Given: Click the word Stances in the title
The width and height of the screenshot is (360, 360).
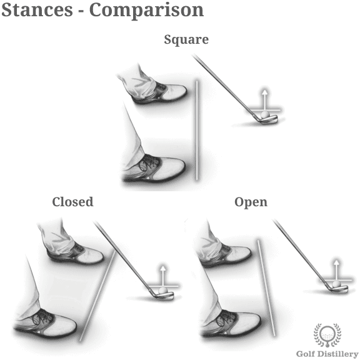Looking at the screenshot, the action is (x=37, y=9).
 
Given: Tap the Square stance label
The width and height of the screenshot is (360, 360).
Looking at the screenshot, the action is (x=186, y=40).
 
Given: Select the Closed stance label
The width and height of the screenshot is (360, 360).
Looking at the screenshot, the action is (x=72, y=202).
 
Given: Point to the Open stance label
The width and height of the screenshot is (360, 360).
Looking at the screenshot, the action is (x=251, y=202).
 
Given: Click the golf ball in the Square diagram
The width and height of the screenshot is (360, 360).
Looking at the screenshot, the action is (x=265, y=114).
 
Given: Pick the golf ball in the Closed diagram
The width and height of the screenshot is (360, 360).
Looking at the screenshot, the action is (x=162, y=290).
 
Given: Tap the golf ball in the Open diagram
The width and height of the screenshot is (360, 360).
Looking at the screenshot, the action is (x=336, y=284).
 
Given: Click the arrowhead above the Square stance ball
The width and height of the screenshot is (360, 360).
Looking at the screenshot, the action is (x=265, y=92).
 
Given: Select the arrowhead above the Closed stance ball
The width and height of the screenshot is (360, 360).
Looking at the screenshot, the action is (x=162, y=269).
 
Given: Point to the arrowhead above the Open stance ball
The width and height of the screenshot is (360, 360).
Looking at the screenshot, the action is (x=336, y=263).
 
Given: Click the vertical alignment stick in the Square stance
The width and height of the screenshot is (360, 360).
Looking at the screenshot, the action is (x=196, y=130).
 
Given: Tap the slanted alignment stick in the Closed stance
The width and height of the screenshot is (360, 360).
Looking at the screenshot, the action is (x=97, y=296).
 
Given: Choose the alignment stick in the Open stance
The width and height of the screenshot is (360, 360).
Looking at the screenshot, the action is (x=266, y=288).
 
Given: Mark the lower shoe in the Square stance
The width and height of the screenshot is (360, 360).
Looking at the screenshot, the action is (x=154, y=169).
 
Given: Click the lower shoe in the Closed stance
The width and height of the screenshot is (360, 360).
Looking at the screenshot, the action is (x=46, y=324).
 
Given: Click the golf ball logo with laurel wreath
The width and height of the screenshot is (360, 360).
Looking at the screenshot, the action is (x=327, y=335).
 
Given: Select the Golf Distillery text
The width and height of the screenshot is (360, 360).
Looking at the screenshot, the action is (x=327, y=354).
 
